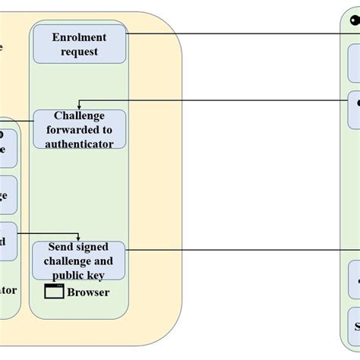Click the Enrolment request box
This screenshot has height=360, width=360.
(80, 45)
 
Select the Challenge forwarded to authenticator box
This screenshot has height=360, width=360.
(80, 129)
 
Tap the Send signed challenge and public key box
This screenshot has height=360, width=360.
(80, 261)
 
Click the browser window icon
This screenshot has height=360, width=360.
(54, 292)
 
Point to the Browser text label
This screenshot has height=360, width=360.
(88, 292)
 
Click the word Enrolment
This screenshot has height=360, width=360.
(80, 37)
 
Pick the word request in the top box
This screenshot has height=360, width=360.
(80, 52)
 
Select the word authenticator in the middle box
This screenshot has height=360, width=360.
(80, 143)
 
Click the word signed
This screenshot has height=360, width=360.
(92, 247)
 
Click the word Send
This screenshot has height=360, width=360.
(61, 247)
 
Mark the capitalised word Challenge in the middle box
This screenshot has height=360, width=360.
(80, 115)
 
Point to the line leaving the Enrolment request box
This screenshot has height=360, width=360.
(228, 33)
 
